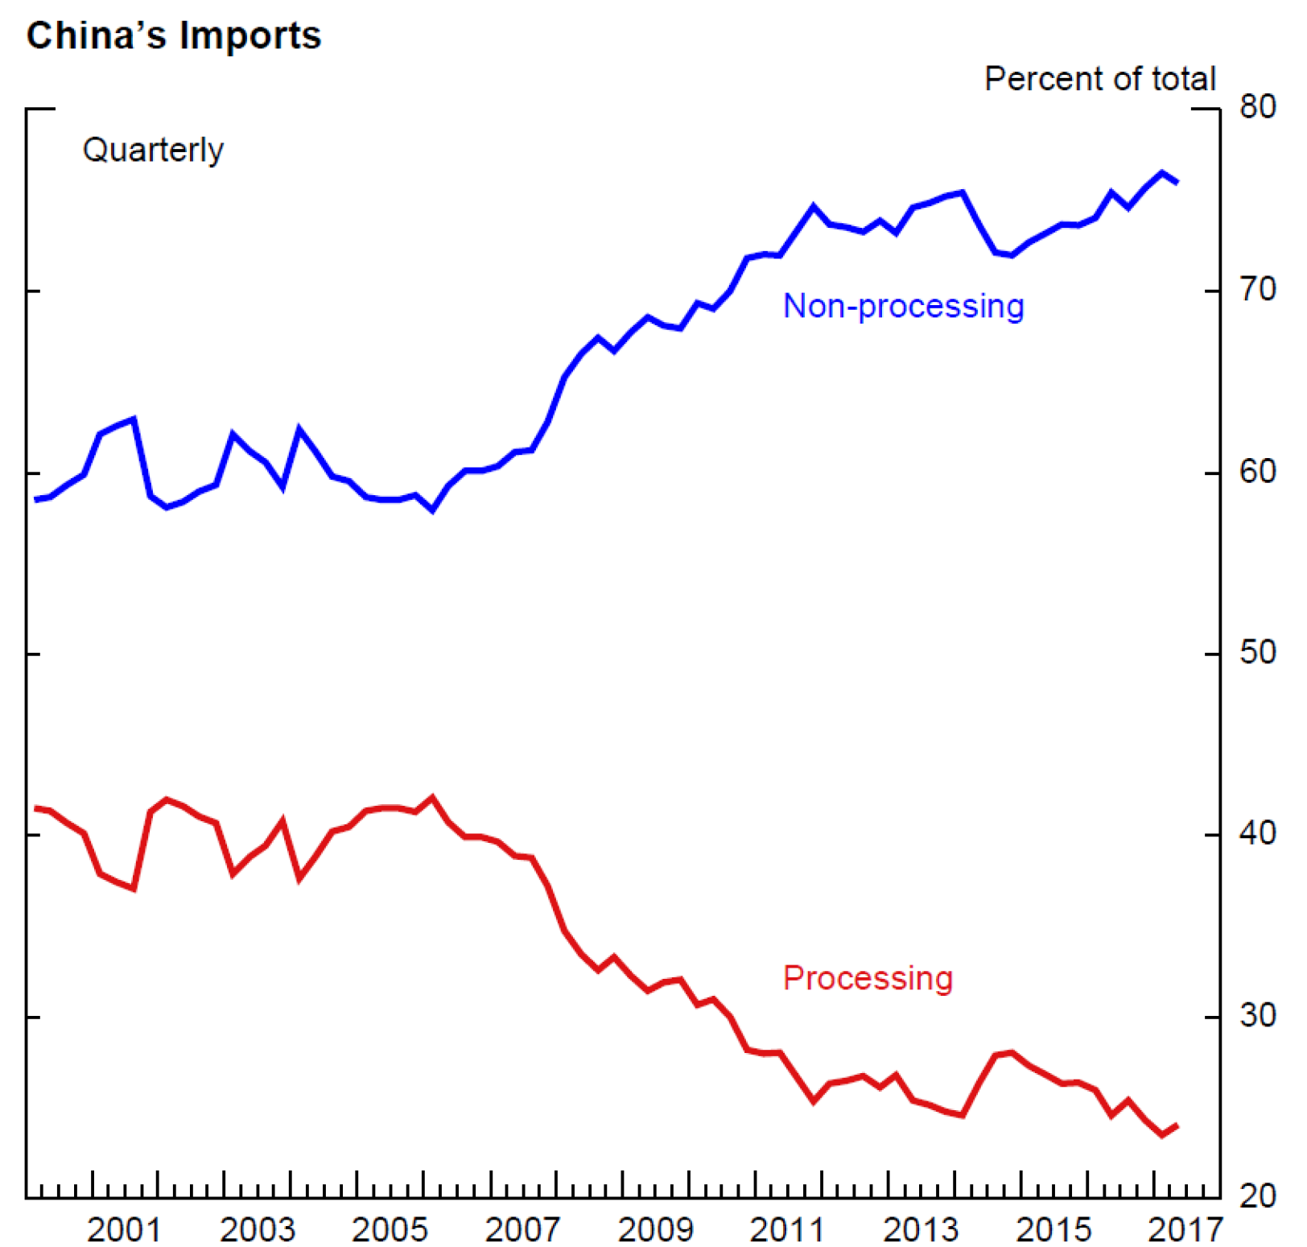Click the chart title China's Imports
174,35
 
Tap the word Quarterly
153,150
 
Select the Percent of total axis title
1099,79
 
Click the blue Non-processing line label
903,306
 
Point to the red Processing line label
868,977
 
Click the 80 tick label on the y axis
1257,106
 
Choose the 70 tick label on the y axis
1257,289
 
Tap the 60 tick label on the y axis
1257,471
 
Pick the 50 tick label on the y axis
1257,652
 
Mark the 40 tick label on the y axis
1257,833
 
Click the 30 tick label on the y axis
1257,1015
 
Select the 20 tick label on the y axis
1257,1196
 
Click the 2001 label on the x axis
124,1229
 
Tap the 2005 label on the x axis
390,1229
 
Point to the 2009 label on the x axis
655,1229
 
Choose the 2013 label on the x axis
921,1229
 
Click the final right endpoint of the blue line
1177,183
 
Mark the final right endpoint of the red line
1177,1125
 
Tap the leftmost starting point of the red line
35,808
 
